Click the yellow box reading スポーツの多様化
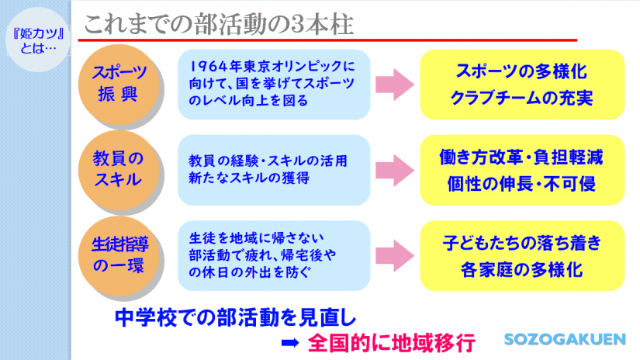click(x=521, y=85)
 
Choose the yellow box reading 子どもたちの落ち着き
click(x=521, y=254)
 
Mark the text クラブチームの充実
click(x=521, y=99)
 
